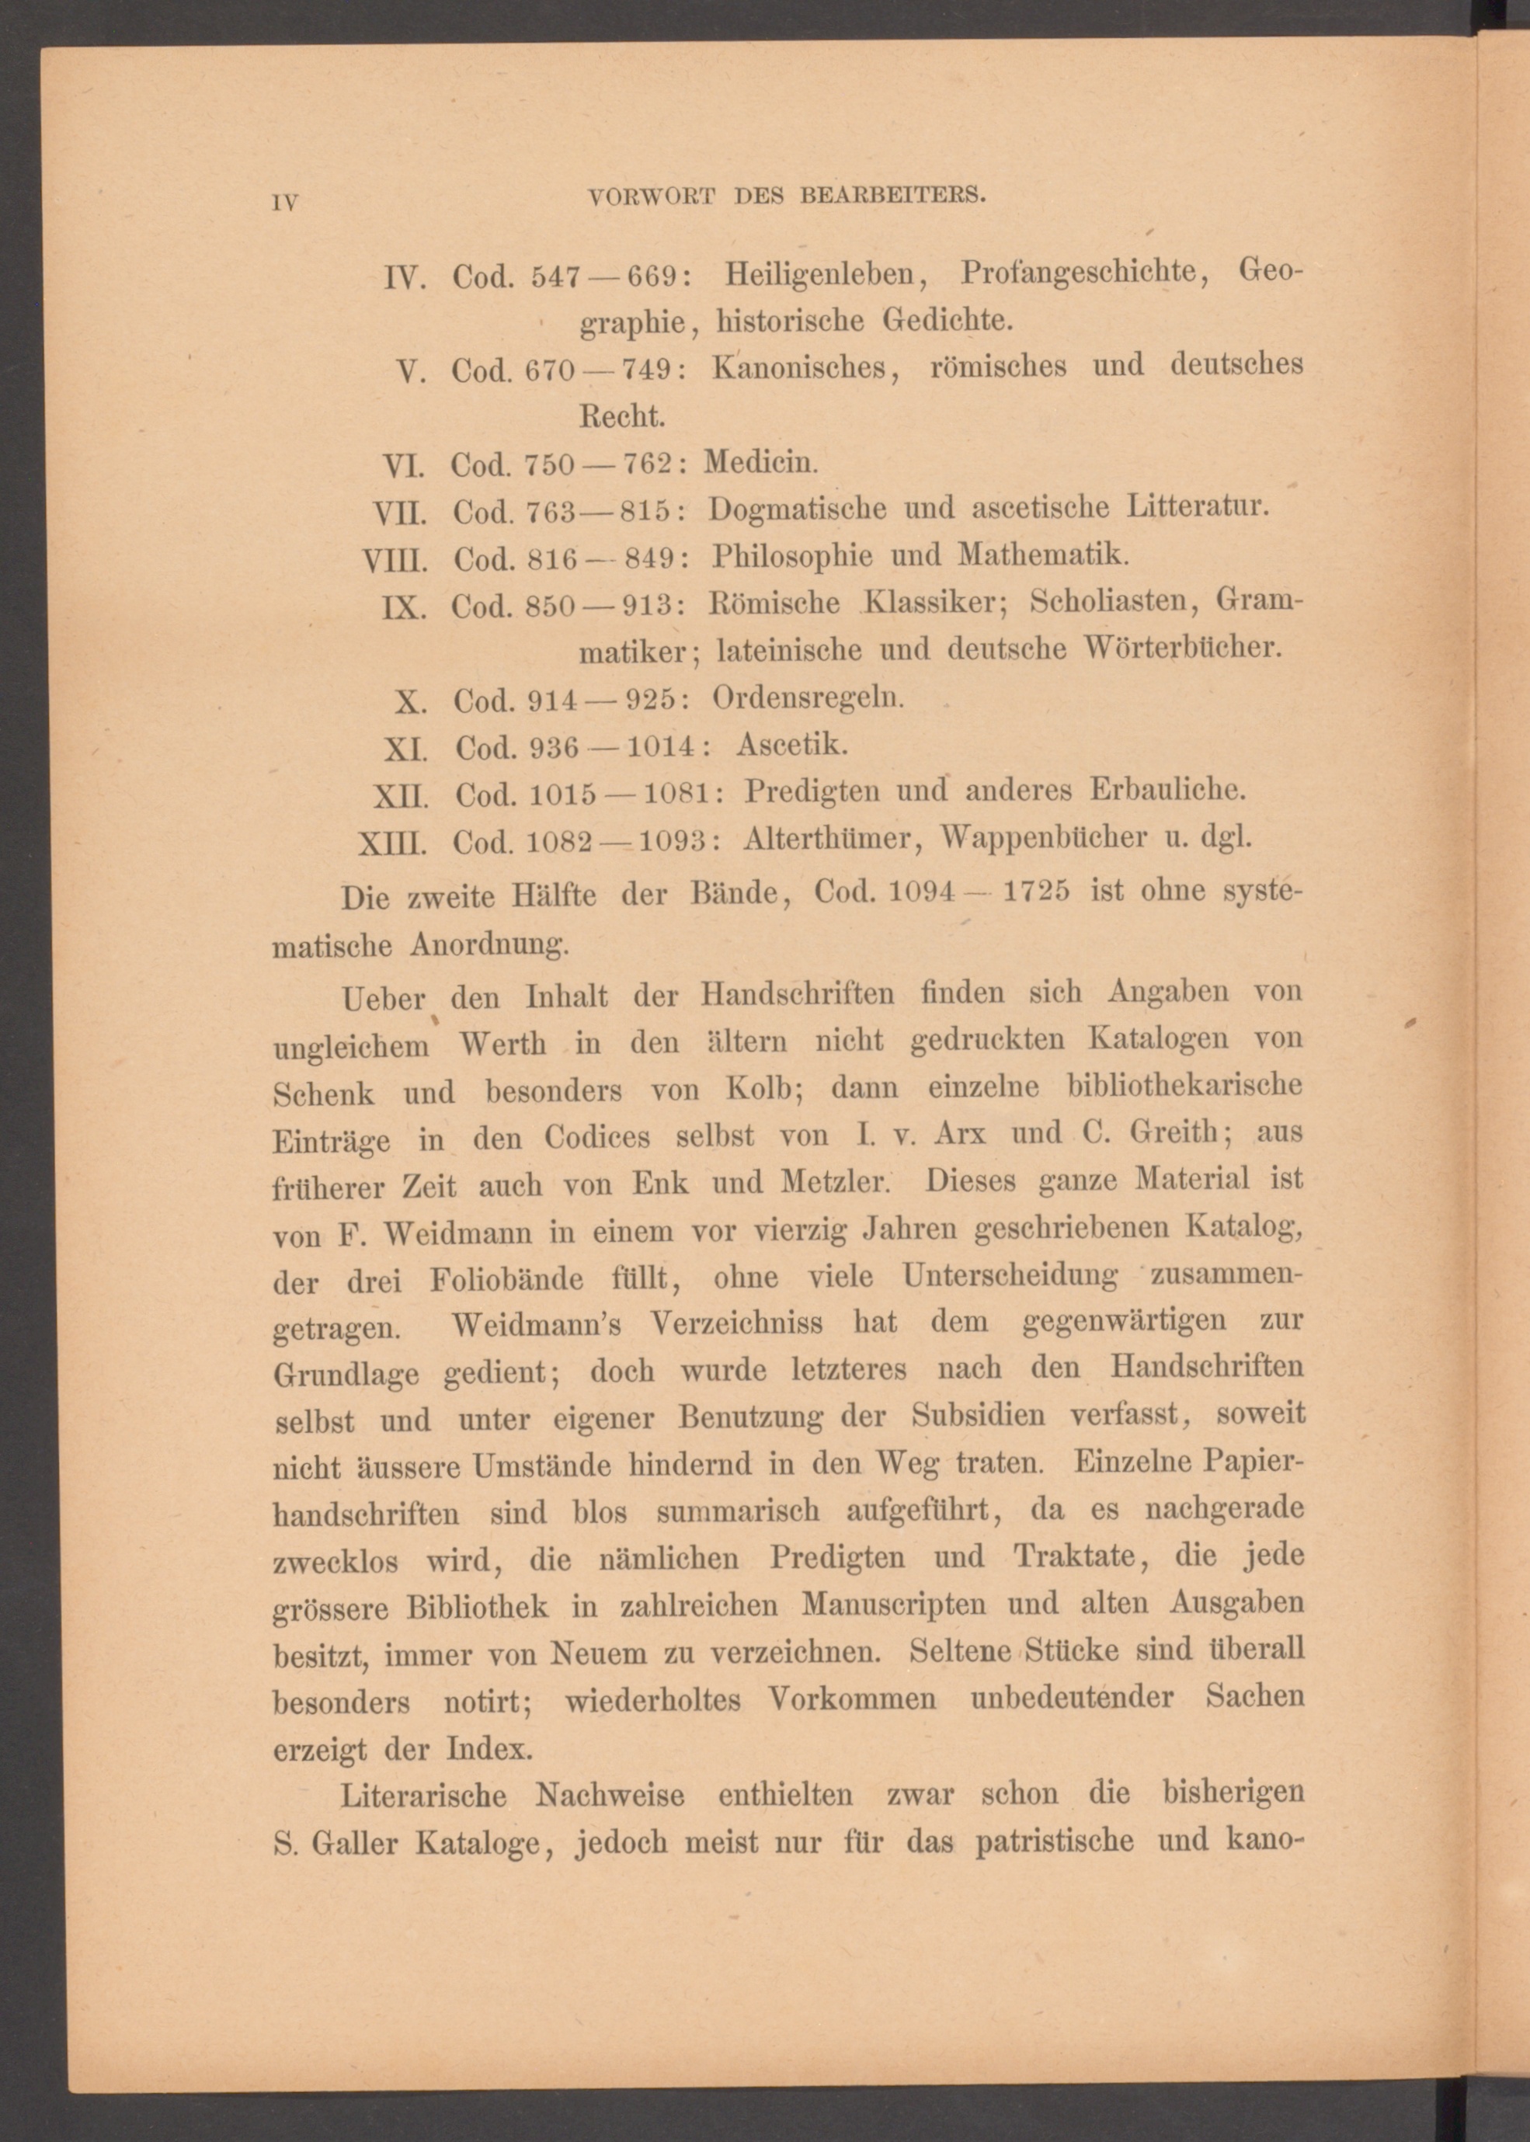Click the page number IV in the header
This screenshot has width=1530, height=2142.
[x=284, y=202]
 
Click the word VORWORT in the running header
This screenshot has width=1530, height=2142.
[x=650, y=196]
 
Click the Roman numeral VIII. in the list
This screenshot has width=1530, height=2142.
[x=395, y=562]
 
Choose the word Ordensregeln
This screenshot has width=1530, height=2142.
[x=808, y=698]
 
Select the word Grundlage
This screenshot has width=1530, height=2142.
[x=346, y=1375]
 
